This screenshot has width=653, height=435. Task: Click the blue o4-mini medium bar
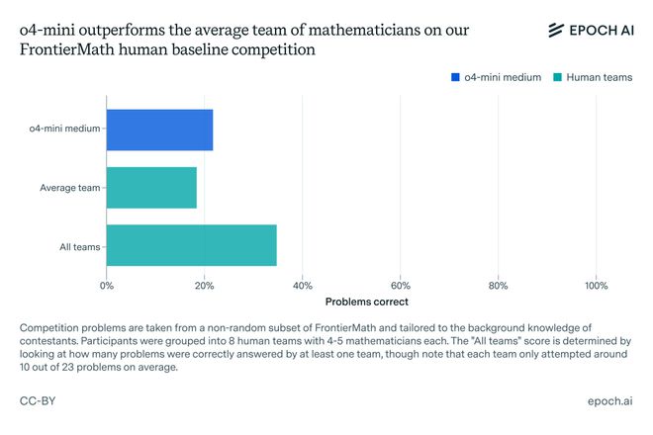(x=159, y=130)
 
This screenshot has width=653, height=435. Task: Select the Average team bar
(x=151, y=187)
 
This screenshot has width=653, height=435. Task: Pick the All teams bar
(x=191, y=245)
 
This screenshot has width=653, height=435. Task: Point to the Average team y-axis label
(x=69, y=188)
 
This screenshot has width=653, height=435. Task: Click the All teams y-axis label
(x=80, y=246)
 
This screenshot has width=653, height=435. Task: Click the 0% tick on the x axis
(x=107, y=286)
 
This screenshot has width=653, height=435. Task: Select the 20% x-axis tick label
(x=205, y=286)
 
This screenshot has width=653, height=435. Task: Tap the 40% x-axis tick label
(x=303, y=286)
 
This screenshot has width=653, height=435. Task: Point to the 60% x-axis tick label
(x=401, y=286)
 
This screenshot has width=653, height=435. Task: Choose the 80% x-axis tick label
(x=499, y=286)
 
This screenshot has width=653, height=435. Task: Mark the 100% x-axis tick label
(x=597, y=286)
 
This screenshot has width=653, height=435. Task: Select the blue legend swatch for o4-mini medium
(x=455, y=77)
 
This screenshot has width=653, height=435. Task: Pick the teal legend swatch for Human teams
(x=559, y=77)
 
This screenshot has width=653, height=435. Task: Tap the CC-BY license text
(x=37, y=402)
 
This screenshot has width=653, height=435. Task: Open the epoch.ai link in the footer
(x=609, y=402)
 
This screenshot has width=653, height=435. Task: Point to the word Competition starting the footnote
(x=52, y=327)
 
